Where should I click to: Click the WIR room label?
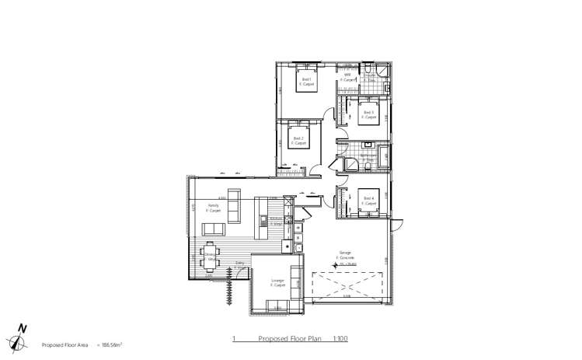[347, 76]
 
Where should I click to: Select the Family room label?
[212, 207]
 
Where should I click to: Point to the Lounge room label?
[277, 281]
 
